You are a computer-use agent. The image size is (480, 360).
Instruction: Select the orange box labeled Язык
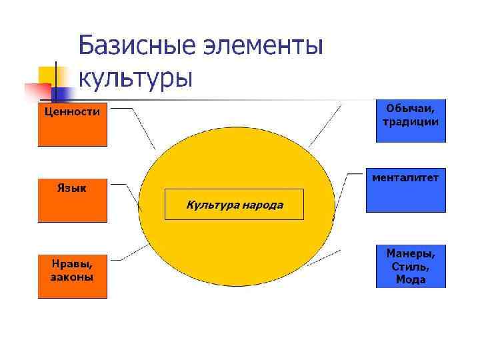[72, 199]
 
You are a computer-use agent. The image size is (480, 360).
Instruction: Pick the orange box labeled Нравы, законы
[72, 275]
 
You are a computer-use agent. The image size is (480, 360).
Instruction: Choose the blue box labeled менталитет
[405, 190]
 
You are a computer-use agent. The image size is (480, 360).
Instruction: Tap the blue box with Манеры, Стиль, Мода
[411, 266]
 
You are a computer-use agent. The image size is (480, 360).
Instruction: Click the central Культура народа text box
[234, 205]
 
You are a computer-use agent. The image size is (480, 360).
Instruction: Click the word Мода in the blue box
[411, 280]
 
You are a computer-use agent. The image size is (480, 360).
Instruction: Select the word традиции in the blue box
[411, 122]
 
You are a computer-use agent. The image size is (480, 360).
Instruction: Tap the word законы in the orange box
[72, 277]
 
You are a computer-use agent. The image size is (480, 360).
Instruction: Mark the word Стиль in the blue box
[411, 267]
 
